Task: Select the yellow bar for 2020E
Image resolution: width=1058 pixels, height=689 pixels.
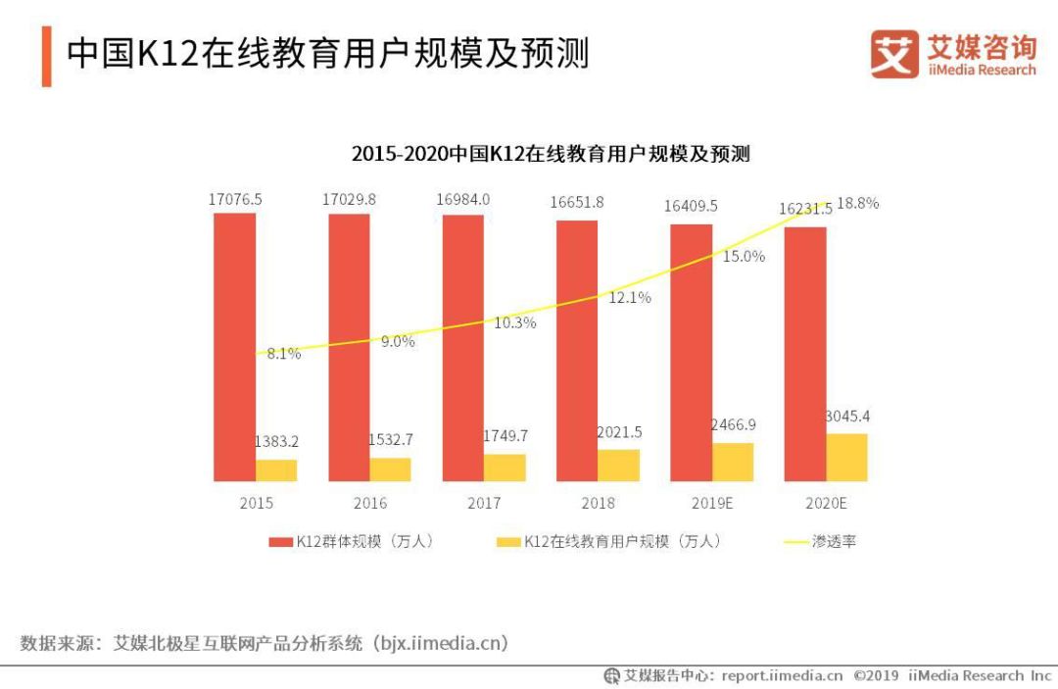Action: coord(846,457)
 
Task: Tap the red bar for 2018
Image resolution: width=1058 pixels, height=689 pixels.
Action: coord(577,350)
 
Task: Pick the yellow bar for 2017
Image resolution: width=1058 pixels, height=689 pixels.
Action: coord(505,468)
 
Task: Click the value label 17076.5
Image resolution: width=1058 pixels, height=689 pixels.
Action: coord(235,199)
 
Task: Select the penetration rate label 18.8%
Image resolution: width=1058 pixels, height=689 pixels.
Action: coord(857,204)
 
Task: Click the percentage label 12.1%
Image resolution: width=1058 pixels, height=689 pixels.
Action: coord(629,297)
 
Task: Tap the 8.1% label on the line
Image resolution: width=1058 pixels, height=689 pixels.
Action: coord(284,354)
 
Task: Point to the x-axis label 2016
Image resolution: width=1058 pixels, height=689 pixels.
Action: coord(369,503)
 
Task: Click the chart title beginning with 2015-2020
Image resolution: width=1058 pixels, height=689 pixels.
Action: coord(550,154)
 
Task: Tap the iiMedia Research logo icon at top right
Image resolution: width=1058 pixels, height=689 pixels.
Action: coord(894,55)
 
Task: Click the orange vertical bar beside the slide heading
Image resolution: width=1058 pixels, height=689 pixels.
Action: coord(46,56)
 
